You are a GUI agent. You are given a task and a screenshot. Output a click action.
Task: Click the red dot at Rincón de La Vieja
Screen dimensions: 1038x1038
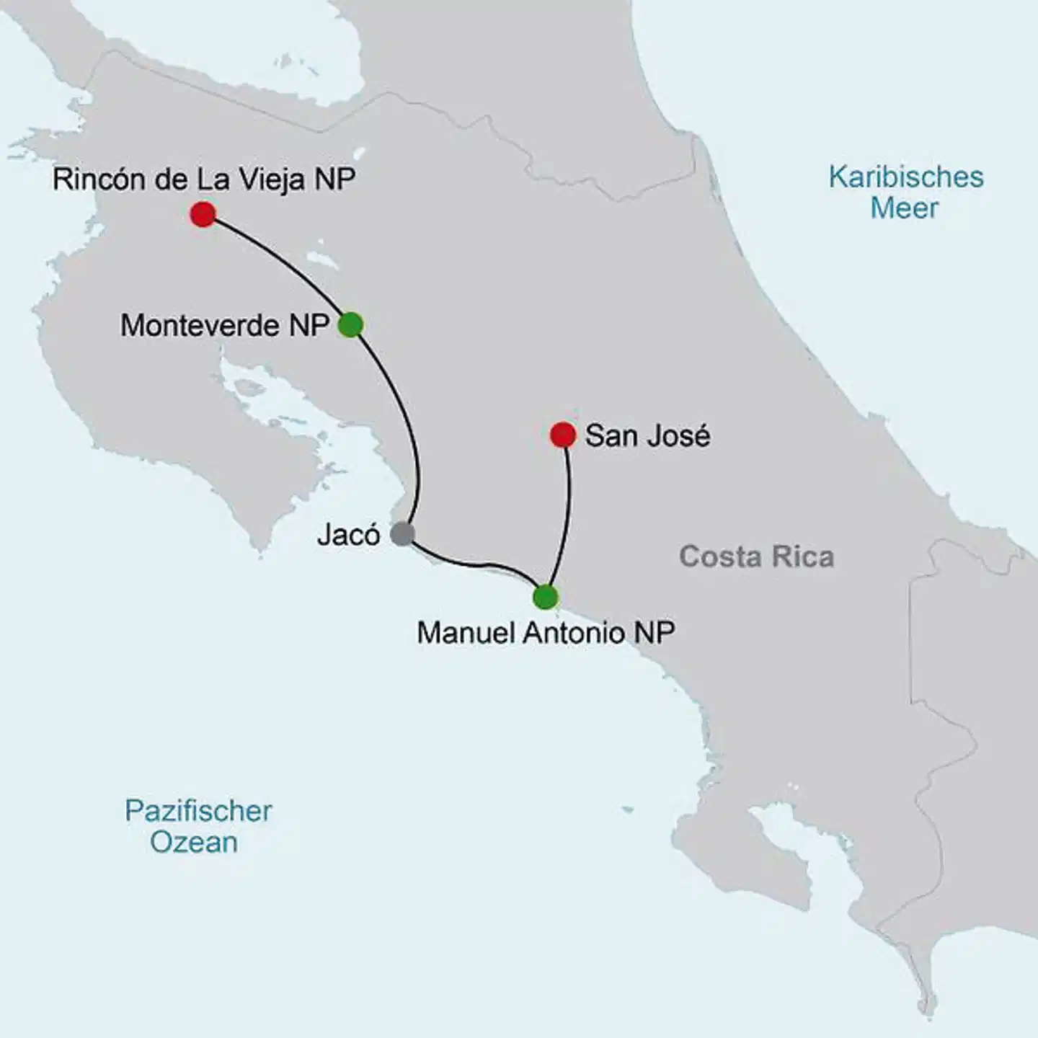pos(203,214)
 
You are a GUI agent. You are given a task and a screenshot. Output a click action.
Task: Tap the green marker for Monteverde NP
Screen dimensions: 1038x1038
pos(350,324)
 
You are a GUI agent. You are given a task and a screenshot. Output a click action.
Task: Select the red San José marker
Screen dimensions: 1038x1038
pos(562,435)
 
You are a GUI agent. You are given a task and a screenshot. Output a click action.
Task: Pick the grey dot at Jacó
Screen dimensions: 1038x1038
pos(402,534)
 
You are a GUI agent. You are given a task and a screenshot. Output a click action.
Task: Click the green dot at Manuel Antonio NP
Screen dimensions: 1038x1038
pos(546,597)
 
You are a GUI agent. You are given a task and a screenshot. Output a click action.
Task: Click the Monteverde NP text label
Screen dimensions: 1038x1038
pos(225,326)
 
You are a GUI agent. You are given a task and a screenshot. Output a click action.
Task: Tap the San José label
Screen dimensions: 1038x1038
pos(647,435)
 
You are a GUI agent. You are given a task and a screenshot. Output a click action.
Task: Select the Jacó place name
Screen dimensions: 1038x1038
pos(348,535)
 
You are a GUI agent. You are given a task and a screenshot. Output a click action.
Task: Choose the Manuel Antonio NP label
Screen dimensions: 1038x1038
pos(546,633)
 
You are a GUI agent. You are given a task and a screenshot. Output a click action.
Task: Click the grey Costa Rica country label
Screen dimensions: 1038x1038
pos(756,556)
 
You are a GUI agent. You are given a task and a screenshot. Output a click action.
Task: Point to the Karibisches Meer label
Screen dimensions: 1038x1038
pos(905,192)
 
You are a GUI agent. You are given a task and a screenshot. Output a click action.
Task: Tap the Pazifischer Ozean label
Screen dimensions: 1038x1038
pos(198,826)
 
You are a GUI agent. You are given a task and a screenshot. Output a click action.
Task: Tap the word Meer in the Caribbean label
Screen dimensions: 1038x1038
pos(904,208)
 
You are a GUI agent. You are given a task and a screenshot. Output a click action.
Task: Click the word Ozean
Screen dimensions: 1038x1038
pos(194,842)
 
